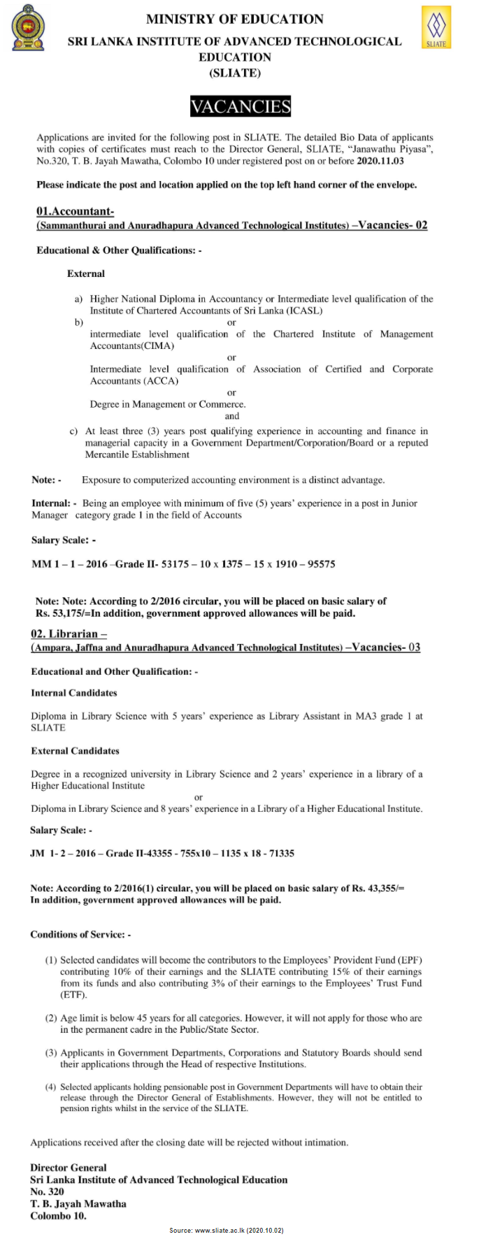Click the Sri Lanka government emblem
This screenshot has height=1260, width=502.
[x=29, y=29]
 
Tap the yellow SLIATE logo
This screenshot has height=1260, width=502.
[x=436, y=27]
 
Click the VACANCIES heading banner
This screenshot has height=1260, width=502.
[x=241, y=106]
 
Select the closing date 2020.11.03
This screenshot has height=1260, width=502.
[x=380, y=161]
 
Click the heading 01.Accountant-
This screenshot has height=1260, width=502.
[x=75, y=211]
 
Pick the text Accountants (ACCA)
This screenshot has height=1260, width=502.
[x=134, y=381]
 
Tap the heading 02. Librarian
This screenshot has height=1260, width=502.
[x=69, y=633]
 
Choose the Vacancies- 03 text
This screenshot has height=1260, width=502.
[x=386, y=647]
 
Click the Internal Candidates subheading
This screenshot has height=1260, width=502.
[x=74, y=693]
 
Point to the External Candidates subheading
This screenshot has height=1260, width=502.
[x=75, y=751]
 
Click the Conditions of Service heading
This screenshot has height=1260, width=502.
[x=80, y=934]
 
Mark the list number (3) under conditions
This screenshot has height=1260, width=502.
[x=51, y=1052]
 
